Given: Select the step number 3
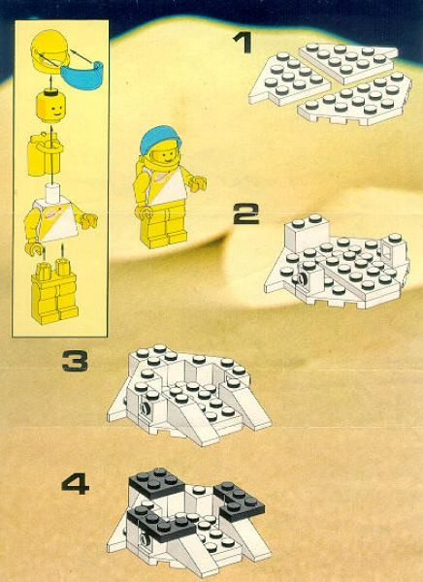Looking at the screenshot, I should click(x=75, y=363).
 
